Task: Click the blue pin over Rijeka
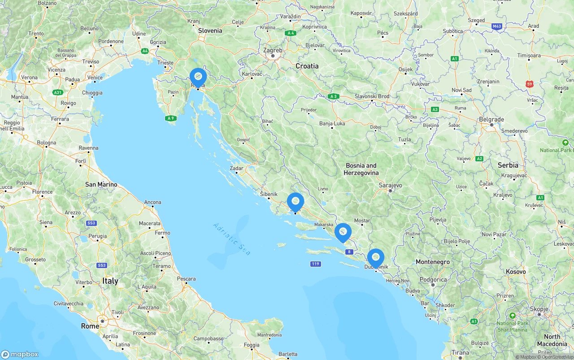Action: click(x=198, y=77)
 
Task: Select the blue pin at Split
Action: click(x=296, y=202)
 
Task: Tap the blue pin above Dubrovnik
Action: click(x=376, y=257)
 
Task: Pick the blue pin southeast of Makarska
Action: click(x=343, y=232)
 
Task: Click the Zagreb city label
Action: click(x=273, y=50)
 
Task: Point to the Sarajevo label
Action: click(x=390, y=185)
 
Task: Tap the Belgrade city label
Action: click(x=491, y=120)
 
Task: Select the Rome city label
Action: click(x=90, y=326)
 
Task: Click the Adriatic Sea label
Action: click(x=232, y=239)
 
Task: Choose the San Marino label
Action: click(x=101, y=184)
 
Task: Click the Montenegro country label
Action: click(x=433, y=262)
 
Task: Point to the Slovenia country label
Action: click(x=210, y=30)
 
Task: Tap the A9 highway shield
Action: click(x=170, y=118)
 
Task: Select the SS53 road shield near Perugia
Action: click(x=91, y=223)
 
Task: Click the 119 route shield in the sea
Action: click(x=315, y=264)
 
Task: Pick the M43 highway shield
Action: click(x=496, y=26)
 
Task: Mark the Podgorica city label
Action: click(x=433, y=280)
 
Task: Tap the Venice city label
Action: click(x=95, y=78)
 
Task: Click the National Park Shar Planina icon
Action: click(x=513, y=316)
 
